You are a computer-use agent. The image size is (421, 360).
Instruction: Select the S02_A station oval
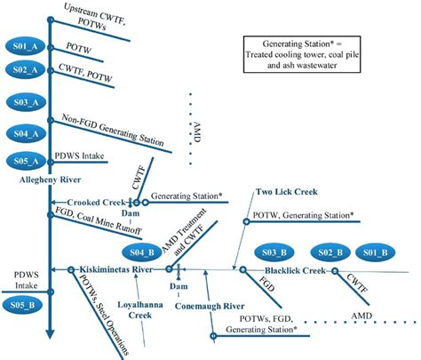(23, 68)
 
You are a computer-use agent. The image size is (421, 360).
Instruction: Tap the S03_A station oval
(23, 104)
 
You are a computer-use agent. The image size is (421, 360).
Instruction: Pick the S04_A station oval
(23, 133)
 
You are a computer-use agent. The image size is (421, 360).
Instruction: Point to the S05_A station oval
(23, 161)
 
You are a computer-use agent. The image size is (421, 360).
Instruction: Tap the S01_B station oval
(377, 251)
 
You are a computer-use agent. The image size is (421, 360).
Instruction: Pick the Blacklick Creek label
(298, 269)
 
